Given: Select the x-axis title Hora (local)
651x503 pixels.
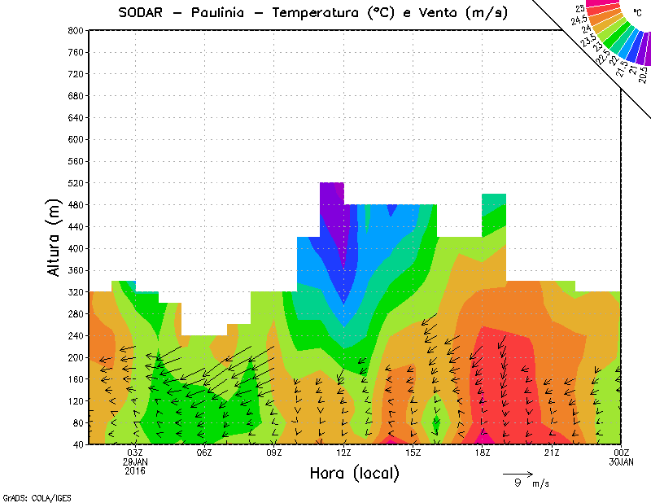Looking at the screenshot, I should pyautogui.click(x=353, y=473).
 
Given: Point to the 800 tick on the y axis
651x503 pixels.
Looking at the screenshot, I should pyautogui.click(x=75, y=30).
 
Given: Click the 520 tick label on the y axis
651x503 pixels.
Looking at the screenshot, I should pyautogui.click(x=75, y=183).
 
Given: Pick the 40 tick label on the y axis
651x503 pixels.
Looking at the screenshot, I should pyautogui.click(x=77, y=445).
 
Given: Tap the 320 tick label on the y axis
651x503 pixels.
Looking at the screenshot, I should pyautogui.click(x=75, y=292).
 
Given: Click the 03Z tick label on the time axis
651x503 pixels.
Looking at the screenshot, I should pyautogui.click(x=135, y=453).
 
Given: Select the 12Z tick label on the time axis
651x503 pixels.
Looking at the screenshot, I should pyautogui.click(x=343, y=453).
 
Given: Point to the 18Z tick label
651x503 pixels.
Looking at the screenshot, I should pyautogui.click(x=483, y=453).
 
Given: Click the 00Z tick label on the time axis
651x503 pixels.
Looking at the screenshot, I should pyautogui.click(x=622, y=453).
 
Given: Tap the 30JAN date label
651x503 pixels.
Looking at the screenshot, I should pyautogui.click(x=622, y=461).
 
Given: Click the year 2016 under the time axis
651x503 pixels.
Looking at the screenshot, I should pyautogui.click(x=135, y=470).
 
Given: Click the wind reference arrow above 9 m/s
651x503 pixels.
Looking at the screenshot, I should pyautogui.click(x=518, y=473).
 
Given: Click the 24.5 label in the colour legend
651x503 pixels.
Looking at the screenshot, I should pyautogui.click(x=579, y=20).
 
